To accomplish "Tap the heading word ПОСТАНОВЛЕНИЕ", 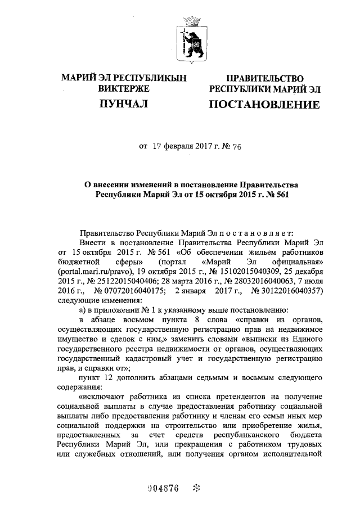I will pos(264,104).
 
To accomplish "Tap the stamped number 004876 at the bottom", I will pos(163,488).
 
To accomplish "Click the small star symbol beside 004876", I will pos(196,488).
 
